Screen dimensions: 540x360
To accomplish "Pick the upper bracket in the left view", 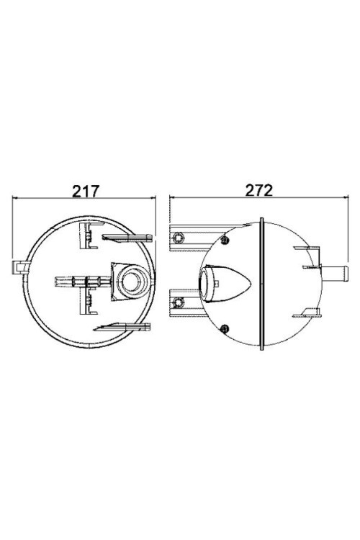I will point(87,235).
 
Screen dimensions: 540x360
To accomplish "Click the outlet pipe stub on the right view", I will point(336,274).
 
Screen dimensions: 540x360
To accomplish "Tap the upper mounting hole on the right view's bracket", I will point(181,236).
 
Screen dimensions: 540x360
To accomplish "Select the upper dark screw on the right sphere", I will point(227,239).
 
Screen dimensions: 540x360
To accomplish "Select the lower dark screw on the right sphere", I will point(226,329).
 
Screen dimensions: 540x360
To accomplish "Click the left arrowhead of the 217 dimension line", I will point(17,199).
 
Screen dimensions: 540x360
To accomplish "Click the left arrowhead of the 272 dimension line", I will point(171,199).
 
